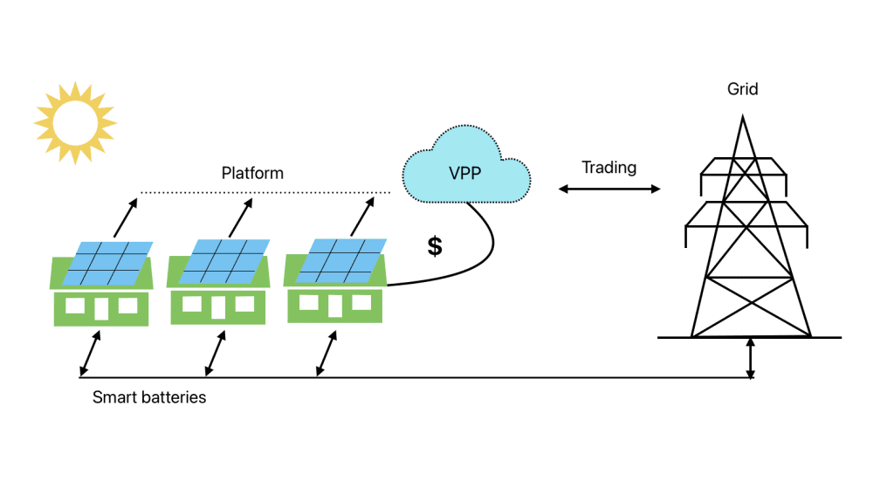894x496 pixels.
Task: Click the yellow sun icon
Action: point(75,123)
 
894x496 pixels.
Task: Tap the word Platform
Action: point(252,173)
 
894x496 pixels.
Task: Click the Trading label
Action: point(609,168)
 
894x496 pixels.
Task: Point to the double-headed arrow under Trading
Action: point(609,189)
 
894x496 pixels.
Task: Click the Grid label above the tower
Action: point(742,89)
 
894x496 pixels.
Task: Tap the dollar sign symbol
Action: point(435,246)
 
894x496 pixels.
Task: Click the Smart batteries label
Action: point(149,397)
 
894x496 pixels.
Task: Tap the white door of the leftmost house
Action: point(101,308)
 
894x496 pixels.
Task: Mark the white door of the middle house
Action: point(218,307)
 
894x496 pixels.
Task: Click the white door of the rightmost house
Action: point(334,305)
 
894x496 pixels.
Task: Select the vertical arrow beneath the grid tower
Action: point(750,359)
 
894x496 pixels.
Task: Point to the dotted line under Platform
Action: point(265,192)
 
